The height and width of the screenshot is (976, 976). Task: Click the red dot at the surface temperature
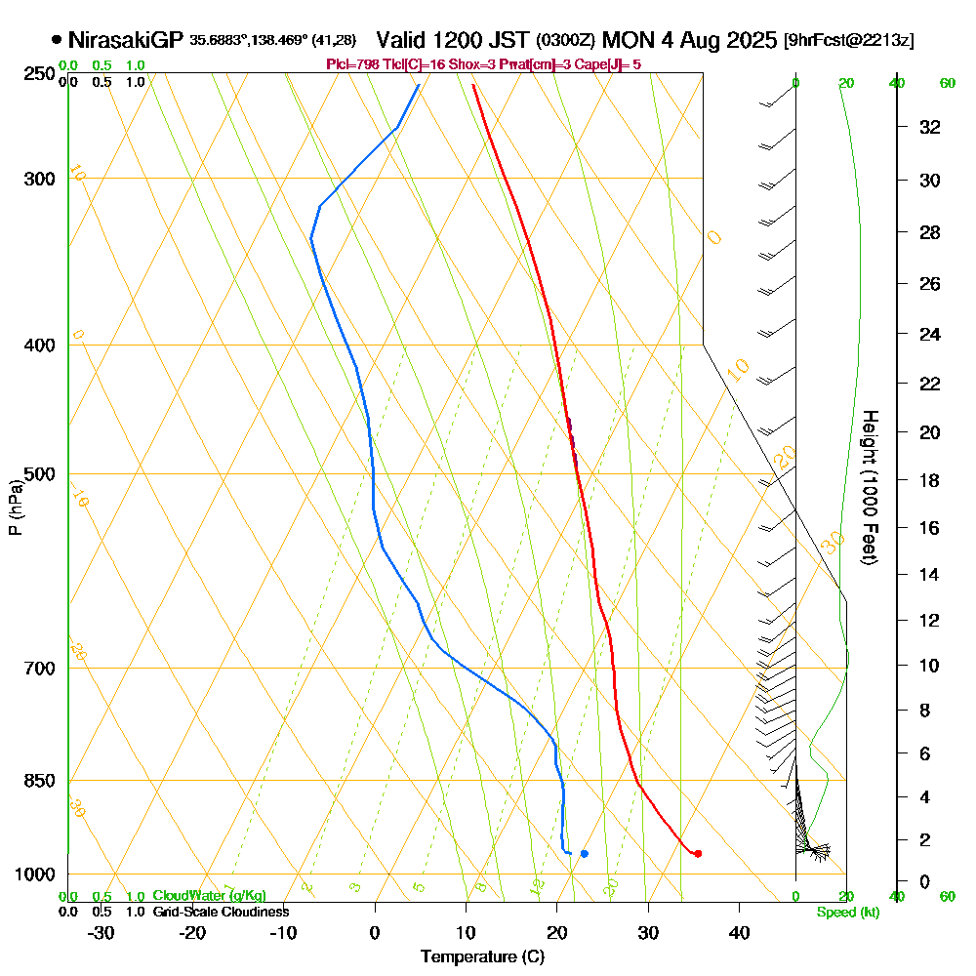(698, 854)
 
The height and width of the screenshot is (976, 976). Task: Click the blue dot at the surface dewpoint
(584, 854)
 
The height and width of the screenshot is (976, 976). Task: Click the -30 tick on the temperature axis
(102, 932)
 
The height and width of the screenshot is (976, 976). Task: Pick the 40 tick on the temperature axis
(739, 932)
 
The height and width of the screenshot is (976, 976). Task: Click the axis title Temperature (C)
(482, 956)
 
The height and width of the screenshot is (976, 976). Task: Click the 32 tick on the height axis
(930, 127)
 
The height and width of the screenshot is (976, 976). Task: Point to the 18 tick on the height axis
(930, 480)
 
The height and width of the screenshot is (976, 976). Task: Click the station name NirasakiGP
(126, 40)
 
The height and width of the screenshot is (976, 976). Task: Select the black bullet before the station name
(57, 40)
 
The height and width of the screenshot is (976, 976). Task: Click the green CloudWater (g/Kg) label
(209, 896)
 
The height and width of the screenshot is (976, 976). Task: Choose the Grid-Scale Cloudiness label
(220, 912)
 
